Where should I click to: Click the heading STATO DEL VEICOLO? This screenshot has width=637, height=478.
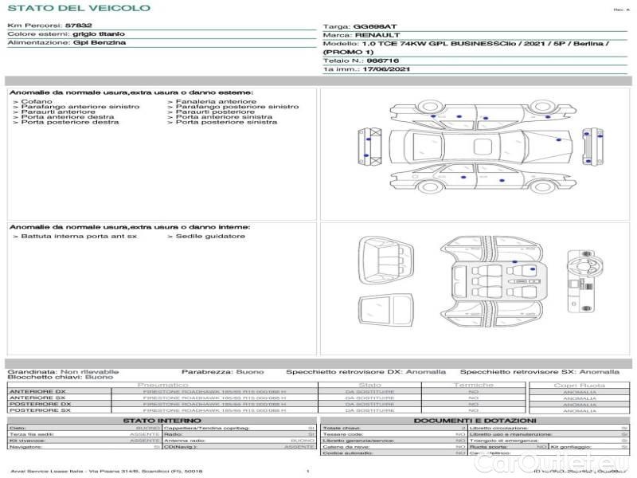[78, 8]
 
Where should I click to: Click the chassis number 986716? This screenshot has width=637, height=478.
[382, 61]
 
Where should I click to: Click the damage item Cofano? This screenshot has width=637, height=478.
[37, 101]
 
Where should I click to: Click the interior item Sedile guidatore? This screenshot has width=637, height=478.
[209, 236]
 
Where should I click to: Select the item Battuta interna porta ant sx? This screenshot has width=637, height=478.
[78, 236]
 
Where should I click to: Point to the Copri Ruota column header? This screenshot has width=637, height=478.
[580, 385]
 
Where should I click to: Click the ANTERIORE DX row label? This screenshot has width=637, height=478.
[37, 391]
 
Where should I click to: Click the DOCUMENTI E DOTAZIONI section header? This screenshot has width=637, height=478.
[474, 420]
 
